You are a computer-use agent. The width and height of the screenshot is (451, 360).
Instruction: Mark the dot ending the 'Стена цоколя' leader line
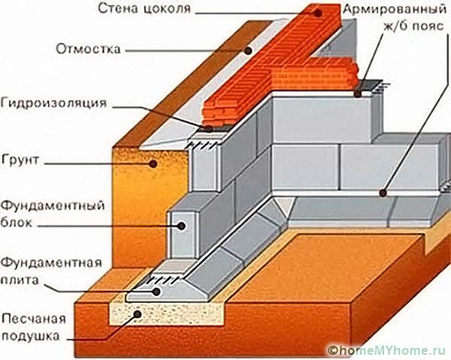pyautogui.click(x=316, y=11)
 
